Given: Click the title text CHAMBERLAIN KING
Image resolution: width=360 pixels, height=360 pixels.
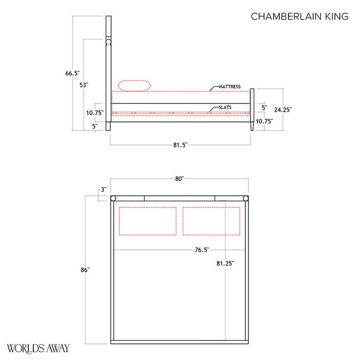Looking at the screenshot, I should coord(299,16).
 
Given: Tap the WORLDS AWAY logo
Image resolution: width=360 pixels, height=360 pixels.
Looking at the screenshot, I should coord(38,348).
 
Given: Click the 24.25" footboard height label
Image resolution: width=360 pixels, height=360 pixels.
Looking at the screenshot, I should coord(283,110).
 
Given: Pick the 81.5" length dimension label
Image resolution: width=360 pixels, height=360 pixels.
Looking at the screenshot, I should coord(179,146).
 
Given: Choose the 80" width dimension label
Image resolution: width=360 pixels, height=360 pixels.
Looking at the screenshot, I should coord(179,179).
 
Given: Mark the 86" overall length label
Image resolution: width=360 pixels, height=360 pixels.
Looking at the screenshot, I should coord(85,270).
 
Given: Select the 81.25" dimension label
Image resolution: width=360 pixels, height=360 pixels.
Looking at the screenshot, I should coord(225,263).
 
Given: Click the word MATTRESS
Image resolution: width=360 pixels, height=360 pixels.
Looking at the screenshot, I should coord(229,87).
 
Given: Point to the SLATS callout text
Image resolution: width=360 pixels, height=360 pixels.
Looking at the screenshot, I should coord(225,107).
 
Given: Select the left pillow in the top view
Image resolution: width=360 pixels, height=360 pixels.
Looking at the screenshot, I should coord(148,221).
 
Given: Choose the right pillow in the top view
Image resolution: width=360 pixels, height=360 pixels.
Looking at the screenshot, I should coord(211,221).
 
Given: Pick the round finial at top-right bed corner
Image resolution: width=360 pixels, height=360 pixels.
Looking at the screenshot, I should coord(246,199).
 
